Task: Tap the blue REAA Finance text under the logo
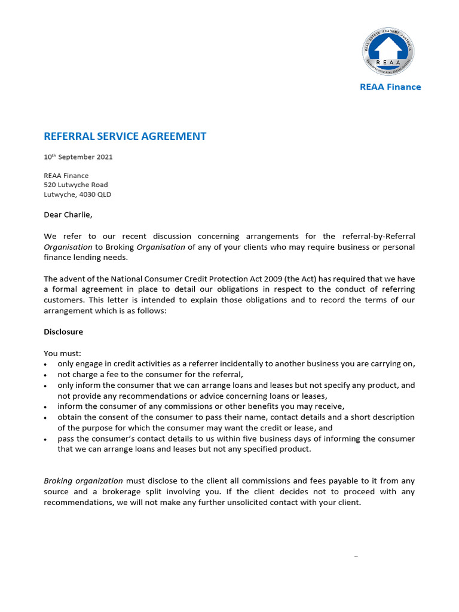[390, 87]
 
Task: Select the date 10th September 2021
[78, 157]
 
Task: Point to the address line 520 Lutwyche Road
[76, 185]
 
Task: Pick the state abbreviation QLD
[104, 195]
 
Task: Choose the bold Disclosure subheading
[63, 332]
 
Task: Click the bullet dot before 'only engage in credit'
[46, 365]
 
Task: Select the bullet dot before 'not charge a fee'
[46, 375]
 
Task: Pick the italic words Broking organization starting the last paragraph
[83, 481]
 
